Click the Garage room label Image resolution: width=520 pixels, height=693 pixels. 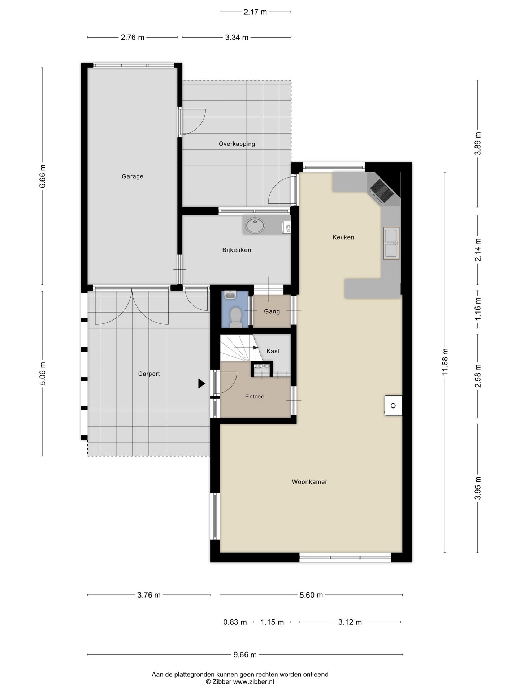click(x=132, y=176)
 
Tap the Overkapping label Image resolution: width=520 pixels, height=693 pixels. click(x=237, y=144)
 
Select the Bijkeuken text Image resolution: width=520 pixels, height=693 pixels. click(x=237, y=250)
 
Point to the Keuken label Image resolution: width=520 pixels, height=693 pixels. click(x=343, y=237)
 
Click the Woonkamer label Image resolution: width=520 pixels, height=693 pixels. click(x=309, y=481)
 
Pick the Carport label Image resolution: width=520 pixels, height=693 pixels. click(x=149, y=374)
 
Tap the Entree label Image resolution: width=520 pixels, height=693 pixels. click(x=255, y=396)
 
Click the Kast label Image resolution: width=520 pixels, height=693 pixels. click(x=273, y=351)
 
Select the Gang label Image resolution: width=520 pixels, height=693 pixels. click(x=272, y=311)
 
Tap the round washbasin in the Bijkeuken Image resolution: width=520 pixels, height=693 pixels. click(x=255, y=225)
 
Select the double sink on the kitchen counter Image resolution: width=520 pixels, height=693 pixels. click(x=391, y=243)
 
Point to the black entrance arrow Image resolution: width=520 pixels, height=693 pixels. click(x=201, y=383)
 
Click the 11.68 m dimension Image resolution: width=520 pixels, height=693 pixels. click(x=445, y=362)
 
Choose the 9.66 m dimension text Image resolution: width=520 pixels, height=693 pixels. click(x=245, y=654)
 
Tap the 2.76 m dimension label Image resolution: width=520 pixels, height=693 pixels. click(x=133, y=37)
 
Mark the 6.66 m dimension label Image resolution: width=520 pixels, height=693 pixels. click(x=43, y=176)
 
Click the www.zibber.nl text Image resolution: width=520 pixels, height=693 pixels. click(x=253, y=682)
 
